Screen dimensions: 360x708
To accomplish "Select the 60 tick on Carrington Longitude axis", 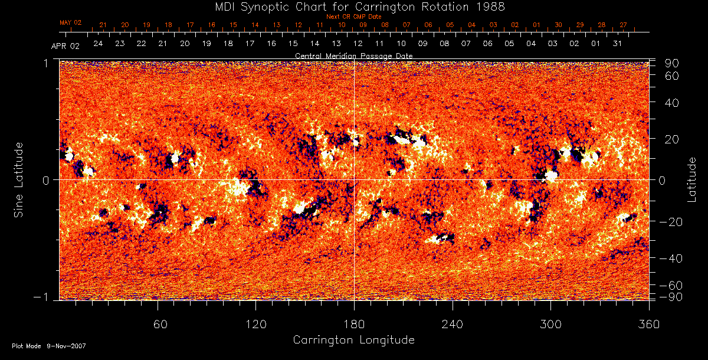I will [x=158, y=324].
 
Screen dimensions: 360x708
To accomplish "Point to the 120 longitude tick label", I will [x=255, y=324].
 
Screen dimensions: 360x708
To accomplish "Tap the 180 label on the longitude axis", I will [x=354, y=324].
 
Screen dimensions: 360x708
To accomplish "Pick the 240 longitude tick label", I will [x=452, y=324].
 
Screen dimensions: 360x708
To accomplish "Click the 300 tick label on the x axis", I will [x=550, y=324].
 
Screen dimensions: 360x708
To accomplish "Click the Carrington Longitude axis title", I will [x=353, y=340].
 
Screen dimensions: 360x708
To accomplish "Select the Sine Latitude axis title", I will [x=18, y=179].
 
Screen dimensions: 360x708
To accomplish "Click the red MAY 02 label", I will [x=70, y=22].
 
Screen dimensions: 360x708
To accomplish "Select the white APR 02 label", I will [x=65, y=46].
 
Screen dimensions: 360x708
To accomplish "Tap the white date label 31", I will [x=617, y=44].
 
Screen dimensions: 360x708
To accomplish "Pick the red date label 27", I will [x=623, y=25].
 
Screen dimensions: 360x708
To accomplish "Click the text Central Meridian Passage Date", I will [x=353, y=55].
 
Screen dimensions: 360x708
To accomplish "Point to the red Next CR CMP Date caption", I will [x=354, y=17].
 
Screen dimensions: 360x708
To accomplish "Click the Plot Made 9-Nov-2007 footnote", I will [x=49, y=346].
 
